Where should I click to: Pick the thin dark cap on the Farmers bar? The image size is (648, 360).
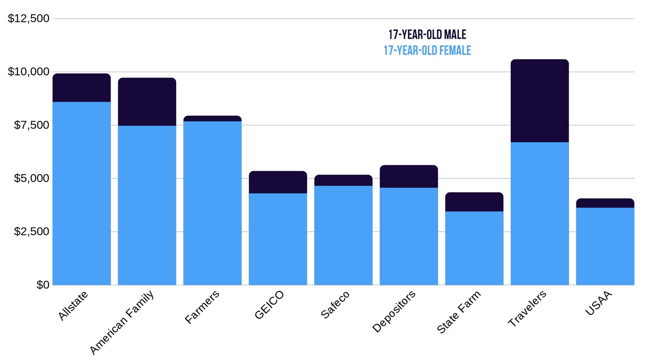[x=212, y=118]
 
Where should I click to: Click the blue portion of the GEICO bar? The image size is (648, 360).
[x=278, y=239]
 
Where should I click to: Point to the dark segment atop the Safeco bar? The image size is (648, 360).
[x=343, y=180]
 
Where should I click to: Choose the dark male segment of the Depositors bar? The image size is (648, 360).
[x=409, y=176]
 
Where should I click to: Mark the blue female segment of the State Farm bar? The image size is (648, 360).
[x=474, y=248]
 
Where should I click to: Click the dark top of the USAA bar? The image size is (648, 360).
[x=605, y=203]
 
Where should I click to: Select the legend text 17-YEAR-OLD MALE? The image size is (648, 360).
[x=427, y=34]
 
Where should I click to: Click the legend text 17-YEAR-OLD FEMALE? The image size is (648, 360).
[x=427, y=51]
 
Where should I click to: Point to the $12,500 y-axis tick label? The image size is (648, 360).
[x=28, y=18]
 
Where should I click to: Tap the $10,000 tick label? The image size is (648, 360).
[x=28, y=72]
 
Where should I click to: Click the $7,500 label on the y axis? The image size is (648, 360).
[x=32, y=125]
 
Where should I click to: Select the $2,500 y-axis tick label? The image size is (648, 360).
[x=32, y=231]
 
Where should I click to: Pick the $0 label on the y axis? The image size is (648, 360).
[x=43, y=285]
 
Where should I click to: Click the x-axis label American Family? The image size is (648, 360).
[x=122, y=322]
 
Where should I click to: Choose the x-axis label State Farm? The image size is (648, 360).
[x=458, y=312]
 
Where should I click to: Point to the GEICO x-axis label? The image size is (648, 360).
[x=269, y=305]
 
